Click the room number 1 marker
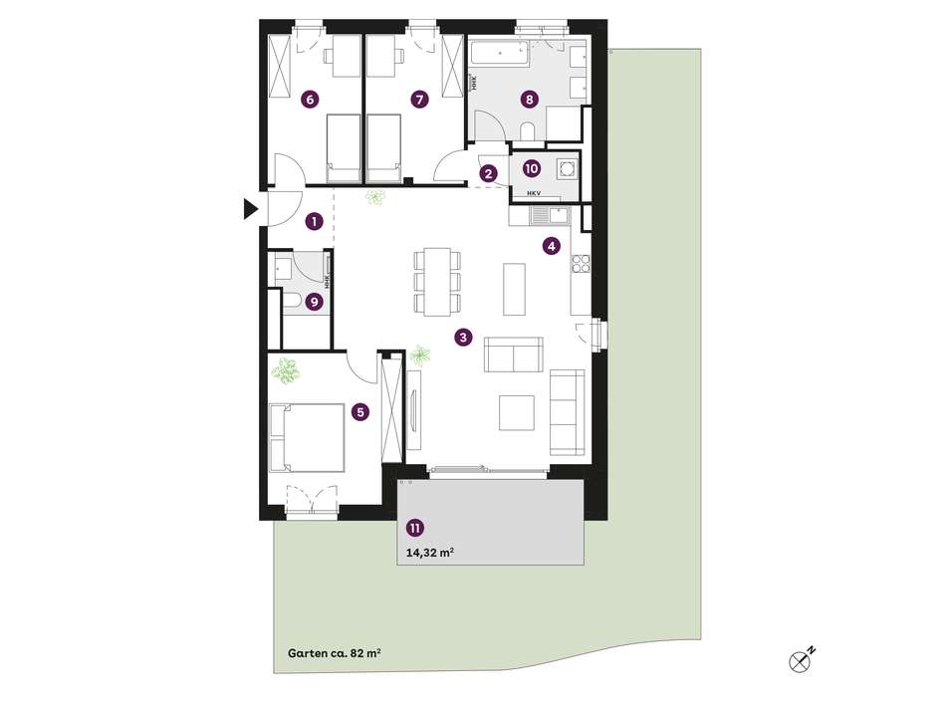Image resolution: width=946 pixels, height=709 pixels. point(314,221)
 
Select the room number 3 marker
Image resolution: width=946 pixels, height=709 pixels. point(463,338)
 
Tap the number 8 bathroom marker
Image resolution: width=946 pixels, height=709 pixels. point(529,99)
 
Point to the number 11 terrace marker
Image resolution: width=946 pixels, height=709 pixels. point(414,529)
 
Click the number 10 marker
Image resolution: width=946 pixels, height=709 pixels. point(531,168)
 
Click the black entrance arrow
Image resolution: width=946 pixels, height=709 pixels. point(250,208)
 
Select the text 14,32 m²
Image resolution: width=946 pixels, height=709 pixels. point(429,552)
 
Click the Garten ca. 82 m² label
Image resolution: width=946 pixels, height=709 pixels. point(334,653)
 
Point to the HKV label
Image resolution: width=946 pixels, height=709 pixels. point(534,193)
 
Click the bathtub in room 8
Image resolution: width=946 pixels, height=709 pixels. point(500,54)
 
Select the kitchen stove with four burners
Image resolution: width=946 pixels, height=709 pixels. point(581,263)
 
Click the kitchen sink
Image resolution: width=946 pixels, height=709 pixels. point(550,215)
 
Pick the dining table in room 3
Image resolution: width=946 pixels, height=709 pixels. point(438,281)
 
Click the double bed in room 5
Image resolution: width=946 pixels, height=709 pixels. point(307,437)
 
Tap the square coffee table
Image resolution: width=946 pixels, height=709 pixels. point(517,412)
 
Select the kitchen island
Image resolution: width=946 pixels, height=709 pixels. point(515,289)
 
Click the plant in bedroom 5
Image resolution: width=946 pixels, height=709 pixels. point(286,371)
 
